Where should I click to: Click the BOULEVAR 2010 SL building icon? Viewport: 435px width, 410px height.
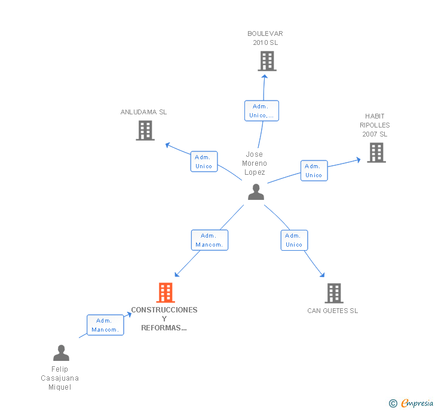(267, 61)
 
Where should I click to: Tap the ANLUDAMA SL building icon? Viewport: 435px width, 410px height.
(145, 130)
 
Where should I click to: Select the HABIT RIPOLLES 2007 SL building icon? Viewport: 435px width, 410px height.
(376, 153)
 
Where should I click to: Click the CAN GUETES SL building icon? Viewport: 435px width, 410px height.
(334, 293)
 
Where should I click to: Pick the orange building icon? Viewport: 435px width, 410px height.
(166, 293)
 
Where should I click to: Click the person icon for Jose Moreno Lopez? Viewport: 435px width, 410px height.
(256, 192)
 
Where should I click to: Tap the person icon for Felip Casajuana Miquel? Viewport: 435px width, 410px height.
(62, 353)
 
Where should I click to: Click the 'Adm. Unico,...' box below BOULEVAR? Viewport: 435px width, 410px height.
(262, 111)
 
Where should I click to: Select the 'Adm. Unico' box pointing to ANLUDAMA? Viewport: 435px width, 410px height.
(204, 162)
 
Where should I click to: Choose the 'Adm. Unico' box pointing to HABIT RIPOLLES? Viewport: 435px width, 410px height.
(314, 171)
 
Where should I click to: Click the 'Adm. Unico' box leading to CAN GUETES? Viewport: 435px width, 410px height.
(295, 240)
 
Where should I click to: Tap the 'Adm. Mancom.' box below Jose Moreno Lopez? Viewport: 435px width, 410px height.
(210, 240)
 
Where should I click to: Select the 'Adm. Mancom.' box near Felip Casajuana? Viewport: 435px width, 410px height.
(105, 325)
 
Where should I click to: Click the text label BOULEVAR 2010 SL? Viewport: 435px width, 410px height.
(265, 38)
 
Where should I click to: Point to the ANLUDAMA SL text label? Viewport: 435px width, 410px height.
(143, 112)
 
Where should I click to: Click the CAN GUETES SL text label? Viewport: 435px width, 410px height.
(333, 311)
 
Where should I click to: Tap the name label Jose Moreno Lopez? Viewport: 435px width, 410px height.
(255, 163)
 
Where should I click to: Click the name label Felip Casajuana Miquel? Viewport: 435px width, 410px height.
(60, 378)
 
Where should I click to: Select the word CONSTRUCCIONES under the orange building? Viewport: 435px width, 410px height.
(164, 310)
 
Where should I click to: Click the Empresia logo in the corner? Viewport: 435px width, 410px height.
(411, 403)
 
